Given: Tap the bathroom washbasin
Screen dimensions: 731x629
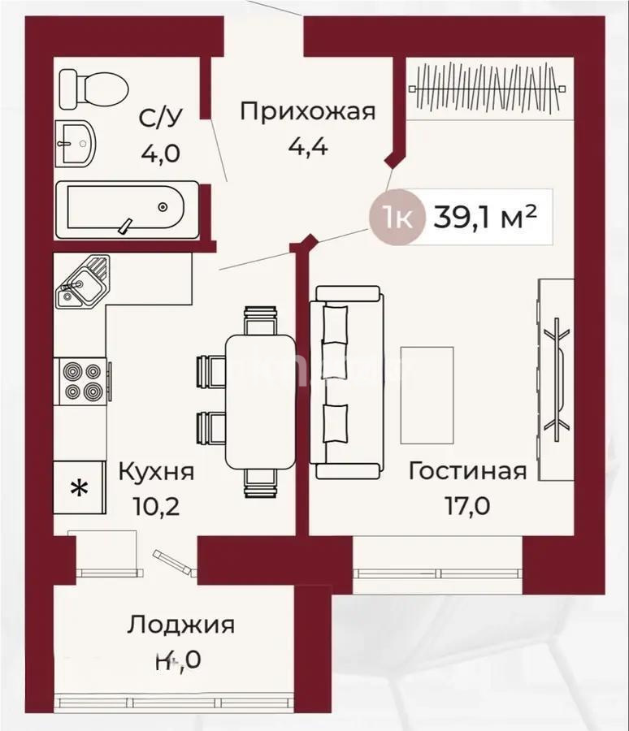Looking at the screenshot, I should tap(75, 144).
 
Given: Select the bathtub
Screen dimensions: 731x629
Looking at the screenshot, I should tap(126, 210).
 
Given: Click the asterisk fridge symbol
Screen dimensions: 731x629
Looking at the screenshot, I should tap(79, 488).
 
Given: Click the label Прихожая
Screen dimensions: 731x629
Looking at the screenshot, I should tap(307, 111).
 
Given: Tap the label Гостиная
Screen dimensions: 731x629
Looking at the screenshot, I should tap(467, 471).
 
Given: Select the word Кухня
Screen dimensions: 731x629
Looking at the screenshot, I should tap(156, 471).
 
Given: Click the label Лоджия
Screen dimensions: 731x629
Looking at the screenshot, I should tap(180, 625).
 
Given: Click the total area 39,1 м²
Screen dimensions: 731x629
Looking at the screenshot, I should tap(485, 217).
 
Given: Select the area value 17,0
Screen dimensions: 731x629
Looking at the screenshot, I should tap(467, 506).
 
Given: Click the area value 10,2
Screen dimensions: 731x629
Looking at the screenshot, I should tap(156, 506).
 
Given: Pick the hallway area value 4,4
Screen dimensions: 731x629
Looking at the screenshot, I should tap(307, 148).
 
